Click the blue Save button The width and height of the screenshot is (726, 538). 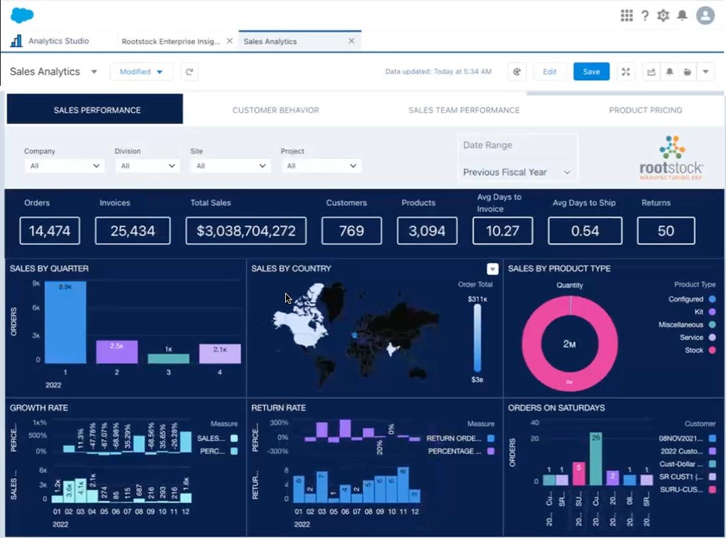click(591, 72)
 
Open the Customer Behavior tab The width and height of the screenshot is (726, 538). click(276, 110)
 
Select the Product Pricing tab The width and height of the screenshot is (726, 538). click(645, 110)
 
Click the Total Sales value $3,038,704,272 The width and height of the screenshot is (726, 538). click(246, 231)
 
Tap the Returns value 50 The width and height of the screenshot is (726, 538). click(665, 231)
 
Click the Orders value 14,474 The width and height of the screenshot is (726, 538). click(50, 231)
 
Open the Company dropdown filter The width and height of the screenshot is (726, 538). click(64, 166)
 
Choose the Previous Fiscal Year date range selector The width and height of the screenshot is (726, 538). click(517, 172)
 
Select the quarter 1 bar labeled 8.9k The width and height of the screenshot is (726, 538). click(65, 323)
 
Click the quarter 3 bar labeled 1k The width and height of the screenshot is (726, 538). click(168, 359)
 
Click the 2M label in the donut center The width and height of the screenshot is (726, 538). click(569, 344)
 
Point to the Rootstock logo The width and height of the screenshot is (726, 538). click(671, 158)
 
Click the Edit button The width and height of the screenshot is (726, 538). click(549, 72)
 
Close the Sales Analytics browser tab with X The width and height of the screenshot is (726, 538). click(351, 41)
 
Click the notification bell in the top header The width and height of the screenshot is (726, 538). click(682, 15)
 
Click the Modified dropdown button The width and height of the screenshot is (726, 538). click(141, 72)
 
